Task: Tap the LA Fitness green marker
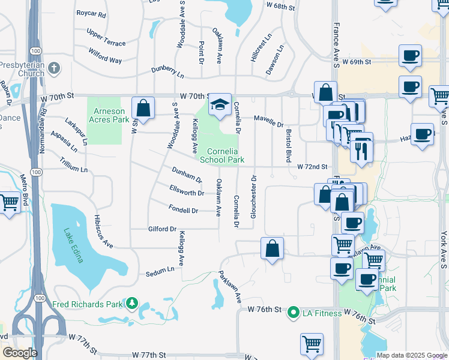(x=293, y=312)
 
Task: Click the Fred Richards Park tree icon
(x=131, y=304)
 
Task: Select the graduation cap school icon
(x=220, y=104)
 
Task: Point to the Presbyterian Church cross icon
(x=55, y=68)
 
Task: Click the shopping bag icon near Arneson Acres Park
(x=143, y=109)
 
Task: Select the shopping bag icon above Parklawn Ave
(x=272, y=247)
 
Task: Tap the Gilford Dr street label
(x=162, y=229)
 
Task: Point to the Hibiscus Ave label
(x=103, y=231)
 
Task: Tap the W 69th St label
(x=357, y=62)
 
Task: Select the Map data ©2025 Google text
(x=411, y=355)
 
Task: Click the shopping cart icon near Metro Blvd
(x=10, y=202)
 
